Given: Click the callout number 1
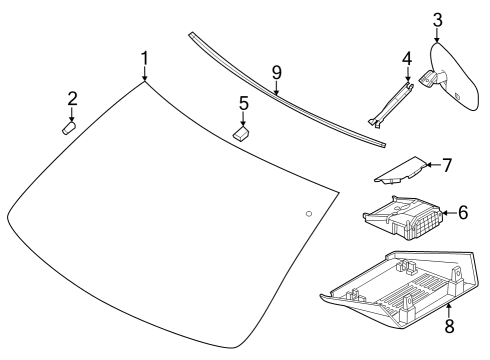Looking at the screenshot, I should pos(144,58).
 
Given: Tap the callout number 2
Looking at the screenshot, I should pos(72,98).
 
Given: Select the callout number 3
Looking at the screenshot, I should pos(437,19).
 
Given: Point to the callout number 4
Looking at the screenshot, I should pos(407,60).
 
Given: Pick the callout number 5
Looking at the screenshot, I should pos(242,102).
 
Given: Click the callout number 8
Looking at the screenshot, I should pos(448,325).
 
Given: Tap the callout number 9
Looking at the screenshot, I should pos(277,73).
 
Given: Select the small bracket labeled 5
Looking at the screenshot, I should pos(241,132).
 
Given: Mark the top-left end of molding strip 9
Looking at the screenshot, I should pos(190,34).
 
